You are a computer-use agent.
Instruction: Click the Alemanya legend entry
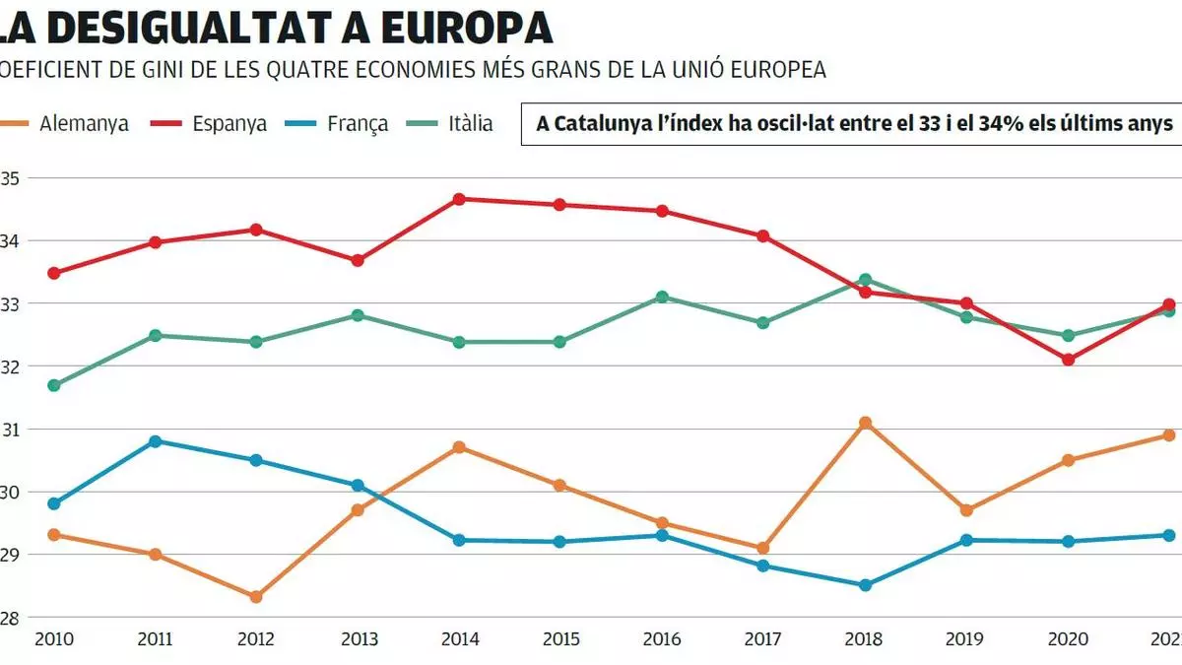[84, 125]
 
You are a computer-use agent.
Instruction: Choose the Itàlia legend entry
[470, 125]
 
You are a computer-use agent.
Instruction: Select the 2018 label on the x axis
[864, 639]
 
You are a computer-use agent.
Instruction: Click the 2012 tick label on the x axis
[255, 639]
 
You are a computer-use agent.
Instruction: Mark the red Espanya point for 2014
[459, 199]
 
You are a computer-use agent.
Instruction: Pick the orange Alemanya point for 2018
[865, 423]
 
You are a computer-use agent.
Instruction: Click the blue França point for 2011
[155, 441]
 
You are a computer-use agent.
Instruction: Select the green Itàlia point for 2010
[54, 385]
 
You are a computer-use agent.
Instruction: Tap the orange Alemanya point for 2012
[256, 597]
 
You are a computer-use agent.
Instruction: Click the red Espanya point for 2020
[1068, 360]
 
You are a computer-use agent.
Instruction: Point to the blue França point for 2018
[865, 585]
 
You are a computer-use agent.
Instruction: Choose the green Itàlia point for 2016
[662, 297]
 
